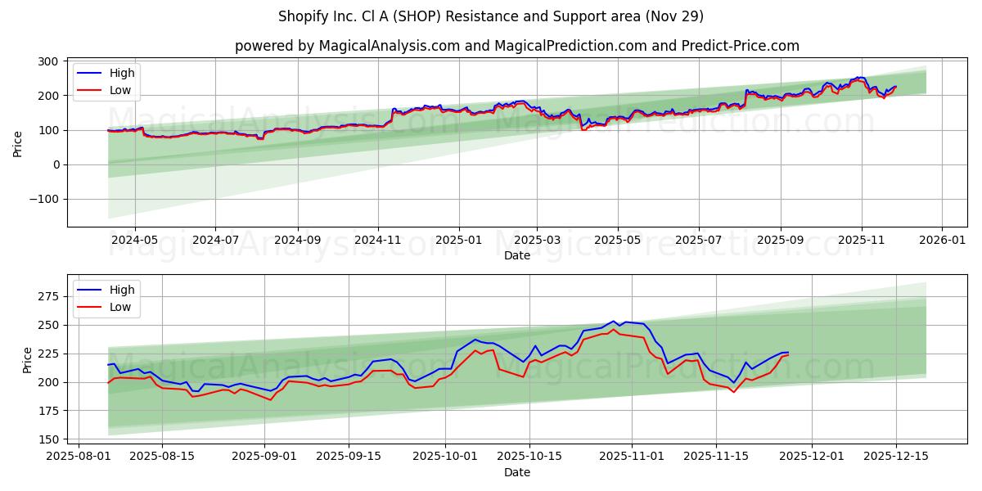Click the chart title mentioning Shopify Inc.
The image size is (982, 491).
[x=491, y=16]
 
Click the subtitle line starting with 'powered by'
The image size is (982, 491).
[x=516, y=46]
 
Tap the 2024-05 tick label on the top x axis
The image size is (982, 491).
[x=134, y=240]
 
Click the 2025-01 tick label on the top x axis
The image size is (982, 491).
[x=458, y=240]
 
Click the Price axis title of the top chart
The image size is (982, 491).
[x=18, y=143]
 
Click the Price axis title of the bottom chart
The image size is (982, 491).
[x=28, y=360]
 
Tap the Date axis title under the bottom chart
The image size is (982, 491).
[x=516, y=472]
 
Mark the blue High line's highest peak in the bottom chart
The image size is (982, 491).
[x=614, y=322]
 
